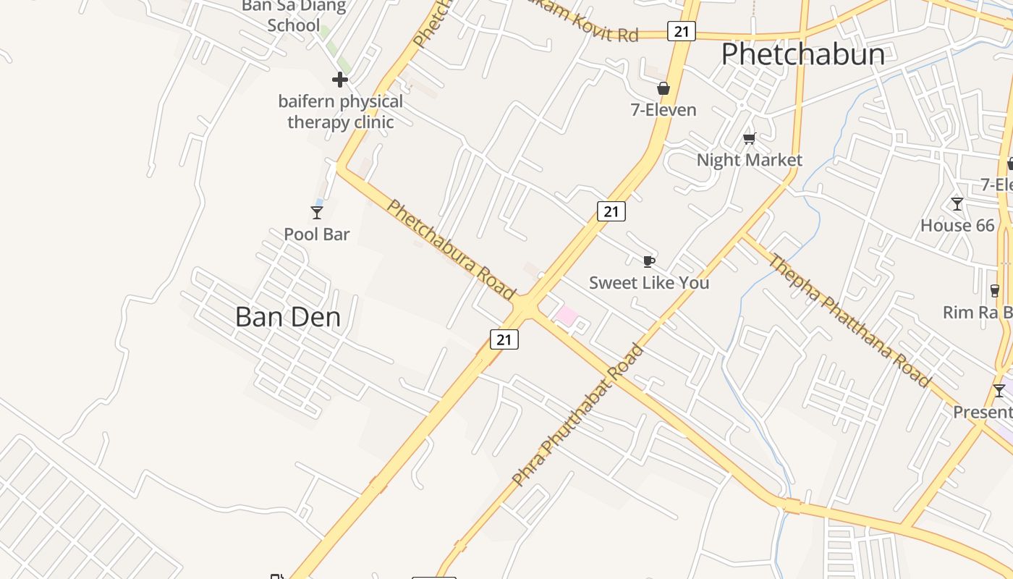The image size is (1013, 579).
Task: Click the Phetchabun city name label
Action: tap(803, 55)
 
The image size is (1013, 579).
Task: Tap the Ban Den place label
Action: tap(288, 317)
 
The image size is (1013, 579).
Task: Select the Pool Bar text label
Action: tap(317, 234)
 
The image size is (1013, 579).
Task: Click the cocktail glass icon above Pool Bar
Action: tap(316, 213)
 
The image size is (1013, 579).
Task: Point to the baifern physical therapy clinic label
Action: tap(340, 111)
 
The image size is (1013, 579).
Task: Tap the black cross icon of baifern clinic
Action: tap(340, 80)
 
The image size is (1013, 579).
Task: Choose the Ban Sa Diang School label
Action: tap(294, 16)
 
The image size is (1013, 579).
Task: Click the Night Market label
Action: tap(750, 160)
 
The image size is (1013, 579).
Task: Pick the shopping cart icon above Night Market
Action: tap(750, 138)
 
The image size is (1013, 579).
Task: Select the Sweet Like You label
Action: tap(649, 283)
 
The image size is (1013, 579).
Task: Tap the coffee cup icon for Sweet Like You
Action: tap(649, 261)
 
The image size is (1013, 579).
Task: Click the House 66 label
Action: tap(957, 226)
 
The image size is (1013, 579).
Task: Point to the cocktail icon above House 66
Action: tap(957, 204)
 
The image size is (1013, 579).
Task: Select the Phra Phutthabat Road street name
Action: tap(577, 415)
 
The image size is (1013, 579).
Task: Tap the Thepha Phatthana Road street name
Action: tap(849, 321)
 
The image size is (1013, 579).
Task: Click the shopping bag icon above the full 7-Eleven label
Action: tap(663, 89)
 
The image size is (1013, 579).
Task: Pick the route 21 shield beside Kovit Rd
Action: tap(681, 31)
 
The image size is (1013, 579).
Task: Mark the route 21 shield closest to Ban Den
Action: tap(504, 339)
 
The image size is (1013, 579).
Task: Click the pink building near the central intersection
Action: tap(566, 316)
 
